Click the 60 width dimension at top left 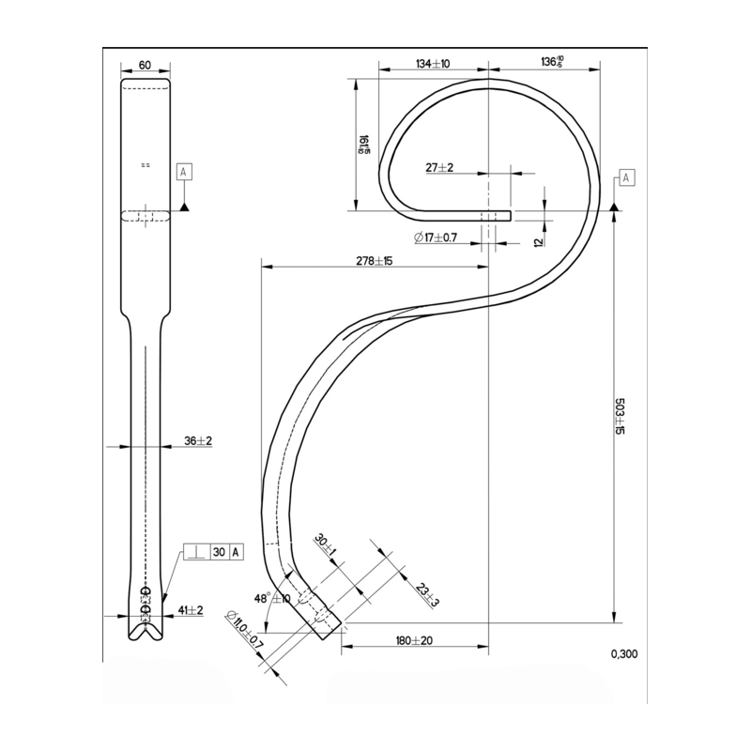pos(146,65)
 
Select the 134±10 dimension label pos(433,64)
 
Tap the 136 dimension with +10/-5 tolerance pos(552,63)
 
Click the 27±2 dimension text pos(439,167)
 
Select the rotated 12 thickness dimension pos(539,241)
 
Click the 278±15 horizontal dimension pos(374,260)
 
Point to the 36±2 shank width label pos(196,440)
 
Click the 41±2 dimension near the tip pos(191,609)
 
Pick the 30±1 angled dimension pos(321,544)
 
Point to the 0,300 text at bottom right pos(622,654)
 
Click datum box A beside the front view pos(184,172)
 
